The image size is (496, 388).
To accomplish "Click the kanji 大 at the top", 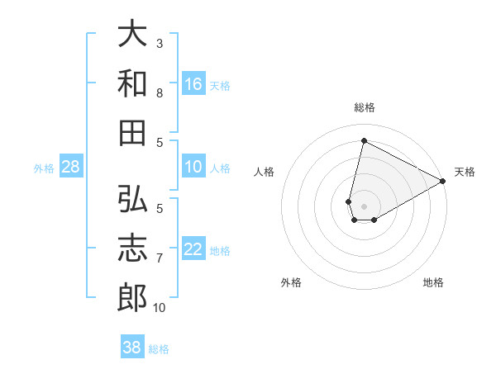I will [132, 34].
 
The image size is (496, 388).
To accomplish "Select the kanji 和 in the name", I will [132, 83].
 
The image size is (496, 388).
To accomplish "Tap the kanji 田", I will [132, 132].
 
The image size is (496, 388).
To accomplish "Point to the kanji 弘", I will [132, 200].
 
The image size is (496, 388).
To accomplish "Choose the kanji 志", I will [132, 248].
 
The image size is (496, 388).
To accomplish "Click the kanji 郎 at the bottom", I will [132, 297].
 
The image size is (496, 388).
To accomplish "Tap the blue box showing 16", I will [193, 83].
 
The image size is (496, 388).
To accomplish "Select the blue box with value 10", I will [193, 168].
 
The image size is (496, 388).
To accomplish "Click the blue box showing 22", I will [193, 250].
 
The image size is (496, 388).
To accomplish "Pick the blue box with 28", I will [71, 168].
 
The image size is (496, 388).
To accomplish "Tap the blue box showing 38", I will [132, 348].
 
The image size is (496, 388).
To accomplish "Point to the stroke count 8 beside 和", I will [160, 92].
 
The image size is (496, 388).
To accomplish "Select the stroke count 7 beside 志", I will [160, 258].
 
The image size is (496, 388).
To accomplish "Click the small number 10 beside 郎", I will [160, 307].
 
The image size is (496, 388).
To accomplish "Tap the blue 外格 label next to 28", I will [44, 168].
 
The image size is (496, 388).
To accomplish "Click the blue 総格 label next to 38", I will [159, 348].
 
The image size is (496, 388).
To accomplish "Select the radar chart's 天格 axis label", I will [465, 172].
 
